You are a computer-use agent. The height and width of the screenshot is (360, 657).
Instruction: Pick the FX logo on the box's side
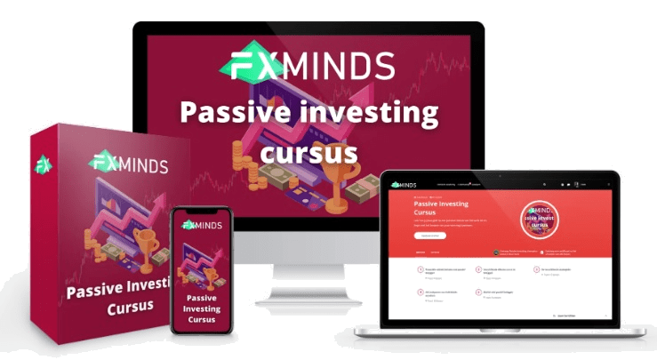tap(41, 164)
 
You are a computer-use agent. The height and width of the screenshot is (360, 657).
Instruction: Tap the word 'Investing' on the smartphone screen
tap(202, 307)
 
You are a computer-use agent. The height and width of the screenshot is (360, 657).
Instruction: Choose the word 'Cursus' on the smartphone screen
tap(202, 319)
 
